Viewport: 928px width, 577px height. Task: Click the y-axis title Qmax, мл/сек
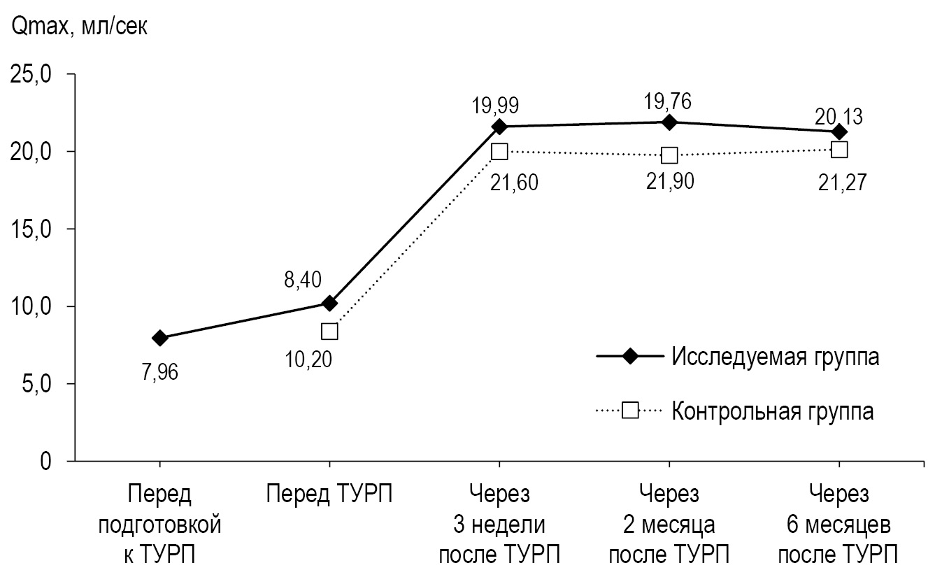(78, 29)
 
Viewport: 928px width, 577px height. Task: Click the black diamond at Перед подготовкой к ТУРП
(160, 338)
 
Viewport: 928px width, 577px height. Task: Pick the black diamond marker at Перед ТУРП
(329, 303)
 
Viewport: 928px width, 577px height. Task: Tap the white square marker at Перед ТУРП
(329, 331)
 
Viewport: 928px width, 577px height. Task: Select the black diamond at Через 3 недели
(499, 127)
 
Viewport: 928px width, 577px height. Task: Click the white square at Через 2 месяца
(669, 155)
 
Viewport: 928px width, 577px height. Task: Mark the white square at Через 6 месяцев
(839, 149)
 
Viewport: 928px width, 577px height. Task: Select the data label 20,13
(839, 115)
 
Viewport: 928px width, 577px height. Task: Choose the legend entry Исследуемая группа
(774, 356)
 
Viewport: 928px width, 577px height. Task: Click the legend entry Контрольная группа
(773, 410)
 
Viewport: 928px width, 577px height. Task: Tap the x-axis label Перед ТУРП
(329, 495)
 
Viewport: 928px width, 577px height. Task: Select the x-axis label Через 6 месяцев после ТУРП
(838, 525)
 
